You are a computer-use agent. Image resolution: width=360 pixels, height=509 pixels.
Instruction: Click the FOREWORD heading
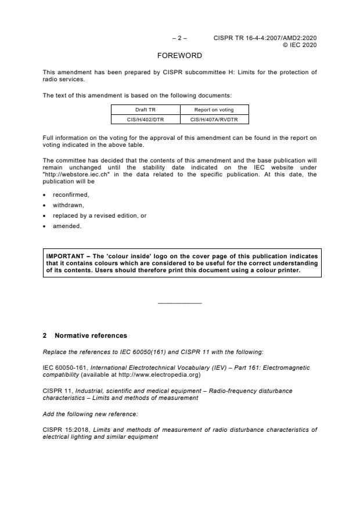point(179,56)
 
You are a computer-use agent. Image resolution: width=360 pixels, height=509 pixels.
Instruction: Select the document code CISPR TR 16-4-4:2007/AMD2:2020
point(265,38)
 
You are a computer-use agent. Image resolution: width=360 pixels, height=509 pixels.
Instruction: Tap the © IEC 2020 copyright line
point(300,45)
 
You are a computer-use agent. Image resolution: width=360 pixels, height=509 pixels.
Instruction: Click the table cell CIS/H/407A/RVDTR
point(214,120)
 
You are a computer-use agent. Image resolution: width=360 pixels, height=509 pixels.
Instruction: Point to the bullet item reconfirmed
point(71,195)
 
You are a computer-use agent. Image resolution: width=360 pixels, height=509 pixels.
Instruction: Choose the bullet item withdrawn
point(68,205)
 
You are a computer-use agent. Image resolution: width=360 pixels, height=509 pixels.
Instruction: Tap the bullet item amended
point(67,226)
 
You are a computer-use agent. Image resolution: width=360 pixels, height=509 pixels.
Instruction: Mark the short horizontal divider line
point(179,304)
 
